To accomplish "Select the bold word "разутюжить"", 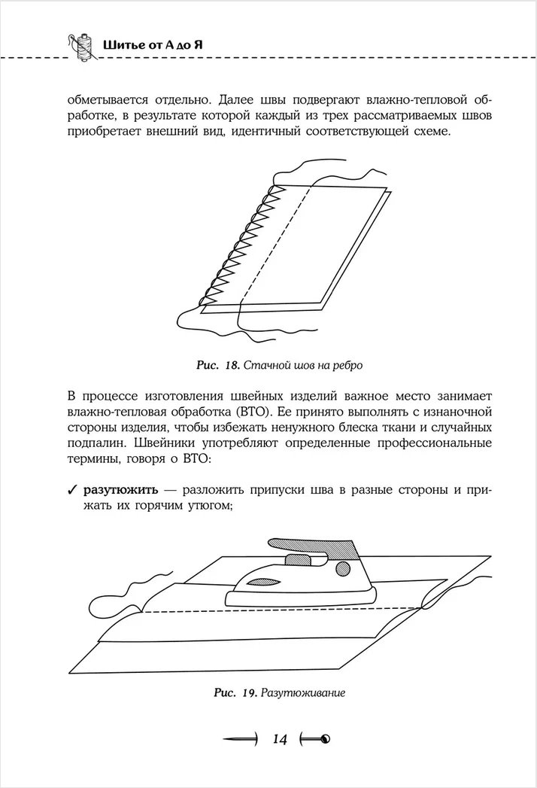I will pyautogui.click(x=120, y=490).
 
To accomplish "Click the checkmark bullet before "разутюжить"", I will pyautogui.click(x=72, y=490).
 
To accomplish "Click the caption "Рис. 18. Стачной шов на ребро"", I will pyautogui.click(x=279, y=366).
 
